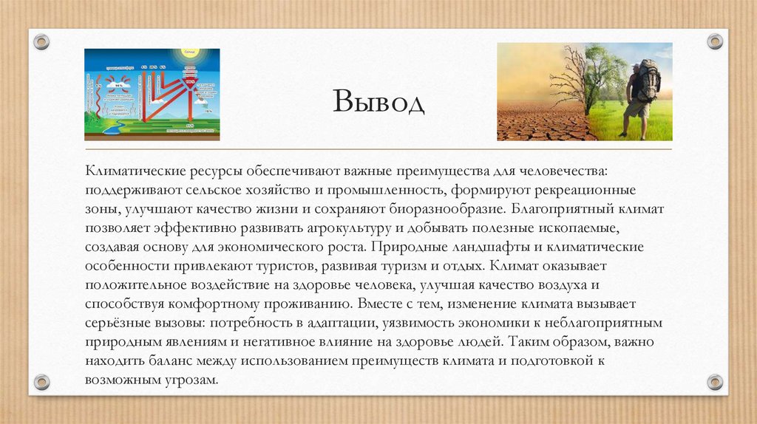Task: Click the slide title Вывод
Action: click(378, 101)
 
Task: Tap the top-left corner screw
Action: click(41, 41)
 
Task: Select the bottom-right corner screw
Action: click(714, 382)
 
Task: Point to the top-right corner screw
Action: click(714, 41)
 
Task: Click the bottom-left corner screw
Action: click(41, 382)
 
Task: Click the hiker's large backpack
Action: click(648, 81)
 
